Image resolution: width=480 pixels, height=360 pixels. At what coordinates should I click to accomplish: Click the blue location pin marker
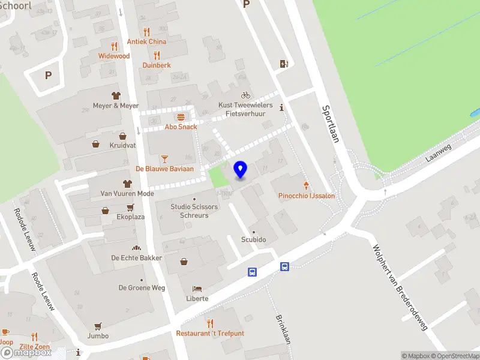pyautogui.click(x=240, y=169)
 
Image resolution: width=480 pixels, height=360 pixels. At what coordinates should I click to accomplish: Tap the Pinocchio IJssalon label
pyautogui.click(x=307, y=196)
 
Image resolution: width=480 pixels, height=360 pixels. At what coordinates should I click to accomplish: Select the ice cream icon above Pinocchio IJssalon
pyautogui.click(x=307, y=185)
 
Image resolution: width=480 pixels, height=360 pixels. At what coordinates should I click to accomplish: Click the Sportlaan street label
pyautogui.click(x=331, y=124)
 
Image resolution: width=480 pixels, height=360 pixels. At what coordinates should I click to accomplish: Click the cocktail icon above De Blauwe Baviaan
pyautogui.click(x=164, y=158)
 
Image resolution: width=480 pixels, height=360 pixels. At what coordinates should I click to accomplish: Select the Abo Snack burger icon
pyautogui.click(x=181, y=117)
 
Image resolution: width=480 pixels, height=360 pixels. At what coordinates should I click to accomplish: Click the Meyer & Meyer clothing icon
pyautogui.click(x=116, y=95)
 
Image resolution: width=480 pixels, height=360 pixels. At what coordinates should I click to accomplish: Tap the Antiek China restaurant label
pyautogui.click(x=146, y=42)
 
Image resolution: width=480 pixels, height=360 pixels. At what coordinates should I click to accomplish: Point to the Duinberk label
pyautogui.click(x=157, y=65)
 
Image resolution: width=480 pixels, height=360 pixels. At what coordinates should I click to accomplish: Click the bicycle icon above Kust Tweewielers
pyautogui.click(x=245, y=95)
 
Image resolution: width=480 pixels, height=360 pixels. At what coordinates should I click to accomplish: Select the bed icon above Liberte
pyautogui.click(x=197, y=289)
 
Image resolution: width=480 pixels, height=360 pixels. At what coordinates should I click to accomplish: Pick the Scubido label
pyautogui.click(x=253, y=239)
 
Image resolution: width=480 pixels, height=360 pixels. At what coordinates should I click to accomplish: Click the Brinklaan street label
pyautogui.click(x=283, y=329)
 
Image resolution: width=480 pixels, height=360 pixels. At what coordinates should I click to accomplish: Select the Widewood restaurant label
pyautogui.click(x=114, y=56)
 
